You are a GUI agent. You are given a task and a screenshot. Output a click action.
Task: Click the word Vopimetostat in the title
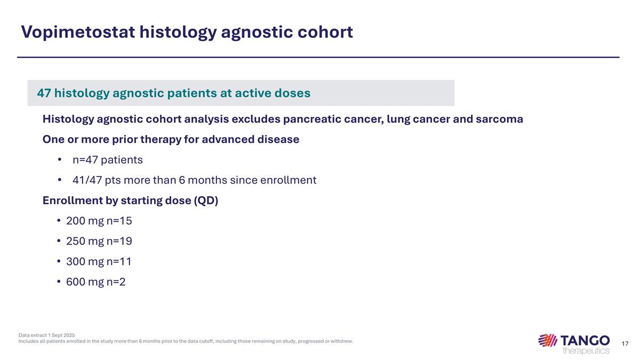click(x=77, y=32)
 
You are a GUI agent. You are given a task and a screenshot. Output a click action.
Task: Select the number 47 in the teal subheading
click(x=44, y=93)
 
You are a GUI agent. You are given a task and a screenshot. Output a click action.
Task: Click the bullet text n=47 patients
click(x=107, y=159)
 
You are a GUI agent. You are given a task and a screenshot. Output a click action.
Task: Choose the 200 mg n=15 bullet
click(x=99, y=221)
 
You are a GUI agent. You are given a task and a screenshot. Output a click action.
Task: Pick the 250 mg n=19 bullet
click(x=99, y=241)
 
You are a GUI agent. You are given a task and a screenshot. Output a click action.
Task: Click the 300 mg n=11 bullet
click(x=99, y=261)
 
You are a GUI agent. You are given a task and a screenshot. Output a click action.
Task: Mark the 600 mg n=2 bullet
click(x=95, y=282)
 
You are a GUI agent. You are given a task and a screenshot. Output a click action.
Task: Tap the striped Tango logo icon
click(x=547, y=340)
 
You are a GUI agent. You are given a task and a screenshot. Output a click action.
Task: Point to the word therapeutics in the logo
click(x=586, y=350)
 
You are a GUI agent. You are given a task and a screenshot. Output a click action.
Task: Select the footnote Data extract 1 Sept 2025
click(x=46, y=335)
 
